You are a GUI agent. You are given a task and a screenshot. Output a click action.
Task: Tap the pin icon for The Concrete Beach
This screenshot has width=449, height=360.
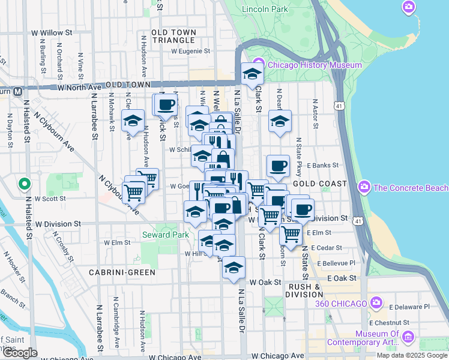[x=363, y=188]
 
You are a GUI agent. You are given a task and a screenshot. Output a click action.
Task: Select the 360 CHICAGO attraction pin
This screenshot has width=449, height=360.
[x=376, y=303]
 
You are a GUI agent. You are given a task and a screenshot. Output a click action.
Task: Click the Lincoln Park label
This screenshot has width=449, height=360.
[x=265, y=10]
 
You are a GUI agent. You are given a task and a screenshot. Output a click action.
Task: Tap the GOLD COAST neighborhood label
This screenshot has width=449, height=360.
[x=320, y=183]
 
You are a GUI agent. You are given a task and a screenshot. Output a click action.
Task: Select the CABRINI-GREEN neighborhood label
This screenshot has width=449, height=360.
[x=122, y=272]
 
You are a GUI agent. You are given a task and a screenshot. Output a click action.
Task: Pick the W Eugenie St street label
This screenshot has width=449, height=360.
[x=190, y=52]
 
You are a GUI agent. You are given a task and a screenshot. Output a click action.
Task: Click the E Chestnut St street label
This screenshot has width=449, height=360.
[x=406, y=322]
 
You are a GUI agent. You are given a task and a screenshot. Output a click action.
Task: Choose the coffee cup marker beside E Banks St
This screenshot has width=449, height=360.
[x=277, y=166]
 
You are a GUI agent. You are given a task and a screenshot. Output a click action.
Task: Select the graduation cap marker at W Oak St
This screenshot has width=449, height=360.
[x=233, y=268]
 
